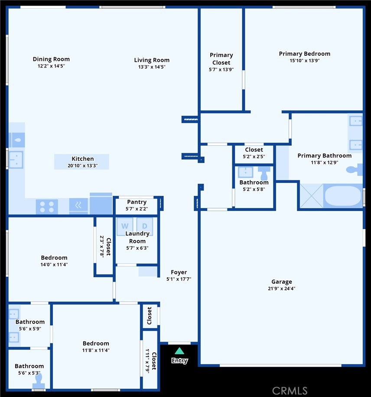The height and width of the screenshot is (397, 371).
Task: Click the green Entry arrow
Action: coord(179,351)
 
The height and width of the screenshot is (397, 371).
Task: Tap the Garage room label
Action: coord(282,282)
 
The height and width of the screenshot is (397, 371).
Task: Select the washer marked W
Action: coord(125,226)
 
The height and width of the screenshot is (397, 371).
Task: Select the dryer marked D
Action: coord(145,226)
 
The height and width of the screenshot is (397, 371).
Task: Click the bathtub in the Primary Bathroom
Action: coord(343,196)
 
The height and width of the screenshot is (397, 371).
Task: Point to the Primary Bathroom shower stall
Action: coord(311,196)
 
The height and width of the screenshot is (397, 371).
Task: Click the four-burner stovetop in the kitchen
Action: coord(47,207)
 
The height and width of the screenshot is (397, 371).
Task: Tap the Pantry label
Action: coord(137,202)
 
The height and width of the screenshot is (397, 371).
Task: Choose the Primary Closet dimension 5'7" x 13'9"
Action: coord(221,69)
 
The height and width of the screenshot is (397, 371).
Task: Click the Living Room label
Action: coord(152,60)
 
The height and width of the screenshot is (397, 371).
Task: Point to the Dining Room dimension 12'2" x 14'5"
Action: coord(51,66)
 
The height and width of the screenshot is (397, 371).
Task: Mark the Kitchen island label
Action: coord(83,159)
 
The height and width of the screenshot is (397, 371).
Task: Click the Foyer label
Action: coord(179,272)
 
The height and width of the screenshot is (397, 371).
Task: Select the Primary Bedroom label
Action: coord(305,54)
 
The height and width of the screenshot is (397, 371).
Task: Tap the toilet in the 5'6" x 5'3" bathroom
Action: coord(39,381)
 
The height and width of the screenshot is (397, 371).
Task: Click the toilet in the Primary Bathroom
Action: coord(355,170)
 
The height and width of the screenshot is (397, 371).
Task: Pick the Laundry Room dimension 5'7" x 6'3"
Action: coord(137,248)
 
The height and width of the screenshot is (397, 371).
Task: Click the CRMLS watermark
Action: coord(290,391)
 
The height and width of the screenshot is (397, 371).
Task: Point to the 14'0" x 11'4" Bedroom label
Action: coord(54,258)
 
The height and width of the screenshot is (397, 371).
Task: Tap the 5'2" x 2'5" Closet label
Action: coord(254,150)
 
